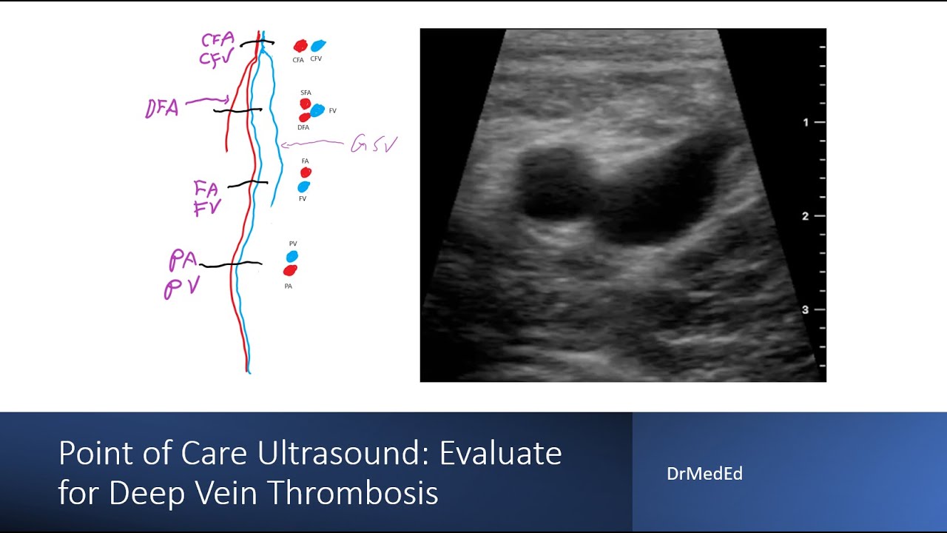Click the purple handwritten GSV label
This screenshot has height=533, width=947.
pos(374,144)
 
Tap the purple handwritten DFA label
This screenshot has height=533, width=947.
pos(162,110)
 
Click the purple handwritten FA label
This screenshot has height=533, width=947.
pos(206,189)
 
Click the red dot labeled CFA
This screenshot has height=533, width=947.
pos(300,46)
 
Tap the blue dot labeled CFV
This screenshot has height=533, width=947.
pos(318,46)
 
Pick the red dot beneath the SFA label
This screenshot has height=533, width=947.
pos(305,104)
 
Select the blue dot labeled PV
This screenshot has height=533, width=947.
pos(292,256)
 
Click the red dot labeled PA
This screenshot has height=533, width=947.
pos(290,270)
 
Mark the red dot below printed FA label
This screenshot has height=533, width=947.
pos(306,172)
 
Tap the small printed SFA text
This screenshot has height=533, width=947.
pos(306,93)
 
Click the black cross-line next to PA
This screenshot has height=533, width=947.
pos(230,264)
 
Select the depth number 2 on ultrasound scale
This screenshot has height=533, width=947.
pos(806,216)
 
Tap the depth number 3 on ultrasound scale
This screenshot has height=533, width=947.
pos(806,309)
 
